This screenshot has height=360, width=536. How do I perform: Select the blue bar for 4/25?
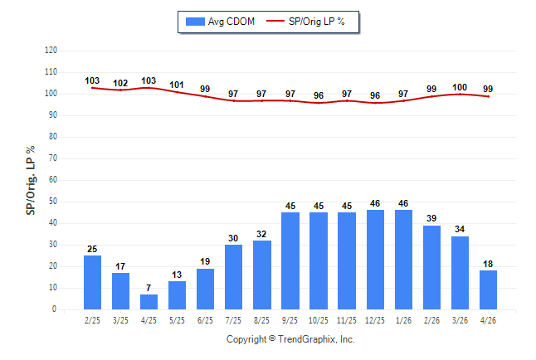click(149, 302)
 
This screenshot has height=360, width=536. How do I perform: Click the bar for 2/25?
click(92, 282)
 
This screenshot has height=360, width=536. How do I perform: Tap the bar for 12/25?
click(375, 260)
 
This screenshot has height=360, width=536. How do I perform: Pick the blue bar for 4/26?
click(488, 290)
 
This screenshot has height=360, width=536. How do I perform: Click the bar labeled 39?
click(431, 267)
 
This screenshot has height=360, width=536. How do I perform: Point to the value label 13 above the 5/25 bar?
click(177, 275)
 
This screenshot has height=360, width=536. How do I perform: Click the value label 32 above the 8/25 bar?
click(261, 234)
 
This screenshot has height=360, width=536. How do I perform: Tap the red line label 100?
click(460, 88)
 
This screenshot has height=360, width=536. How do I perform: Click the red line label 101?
click(177, 85)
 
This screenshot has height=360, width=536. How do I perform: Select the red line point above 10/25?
click(319, 103)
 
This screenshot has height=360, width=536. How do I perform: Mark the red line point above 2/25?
click(92, 88)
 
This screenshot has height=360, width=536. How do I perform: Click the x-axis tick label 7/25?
click(233, 321)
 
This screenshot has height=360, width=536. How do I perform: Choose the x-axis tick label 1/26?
click(403, 321)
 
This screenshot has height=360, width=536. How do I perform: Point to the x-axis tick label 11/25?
click(347, 321)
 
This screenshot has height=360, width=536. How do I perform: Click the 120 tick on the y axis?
click(51, 51)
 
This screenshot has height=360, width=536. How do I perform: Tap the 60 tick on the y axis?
click(53, 179)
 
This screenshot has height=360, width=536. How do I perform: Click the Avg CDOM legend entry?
click(220, 22)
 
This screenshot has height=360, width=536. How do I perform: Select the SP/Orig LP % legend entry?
click(305, 22)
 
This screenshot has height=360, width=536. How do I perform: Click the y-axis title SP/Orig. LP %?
click(31, 181)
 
